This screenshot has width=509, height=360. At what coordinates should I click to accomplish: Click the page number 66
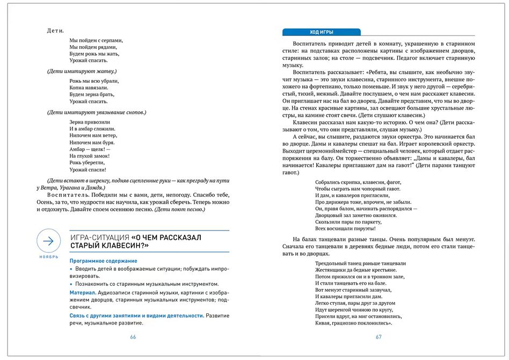coord(133,337)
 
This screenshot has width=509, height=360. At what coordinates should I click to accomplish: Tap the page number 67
coord(378,337)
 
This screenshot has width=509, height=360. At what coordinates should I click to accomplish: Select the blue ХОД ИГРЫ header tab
coord(321,32)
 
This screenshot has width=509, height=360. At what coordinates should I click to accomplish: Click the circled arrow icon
coord(48,241)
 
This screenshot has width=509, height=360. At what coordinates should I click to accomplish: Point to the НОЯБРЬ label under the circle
coord(49,257)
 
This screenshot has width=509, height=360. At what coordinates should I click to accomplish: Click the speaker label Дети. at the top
coord(56,30)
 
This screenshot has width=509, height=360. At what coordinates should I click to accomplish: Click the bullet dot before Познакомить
coord(71,284)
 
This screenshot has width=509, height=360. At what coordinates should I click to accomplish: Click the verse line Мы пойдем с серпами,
coord(96,40)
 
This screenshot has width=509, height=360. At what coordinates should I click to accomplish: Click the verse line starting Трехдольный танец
coord(360,263)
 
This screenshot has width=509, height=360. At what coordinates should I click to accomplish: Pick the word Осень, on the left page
coord(47,202)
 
